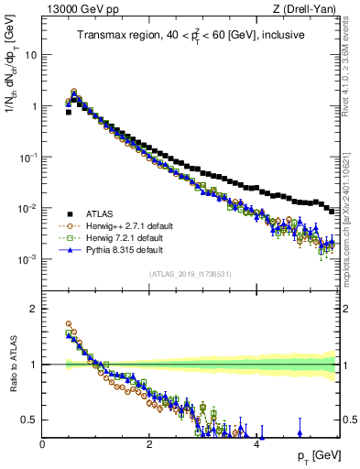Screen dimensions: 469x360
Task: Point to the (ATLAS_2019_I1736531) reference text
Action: click(190, 275)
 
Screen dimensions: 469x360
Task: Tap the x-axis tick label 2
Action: click(149, 443)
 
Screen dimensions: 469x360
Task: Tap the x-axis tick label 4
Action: click(256, 443)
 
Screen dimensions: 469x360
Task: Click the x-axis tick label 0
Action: click(42, 443)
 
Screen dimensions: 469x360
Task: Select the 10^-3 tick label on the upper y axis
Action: click(27, 259)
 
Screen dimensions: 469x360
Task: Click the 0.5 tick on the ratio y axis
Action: click(29, 420)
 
